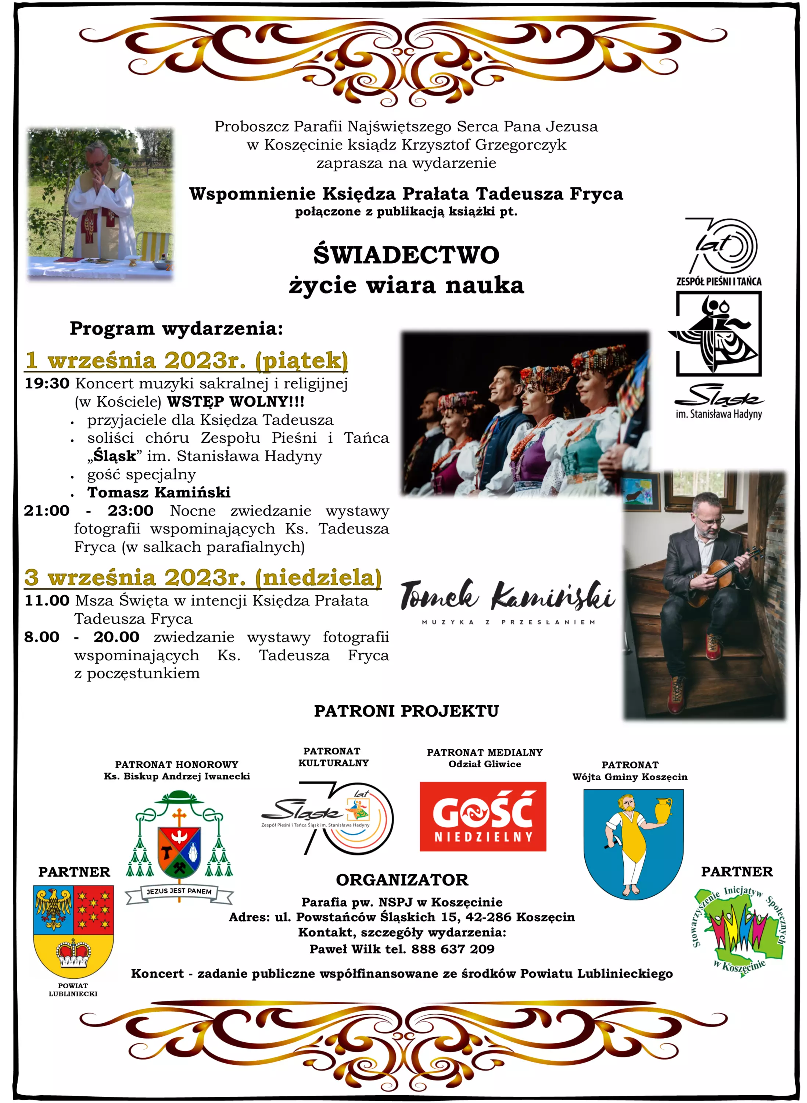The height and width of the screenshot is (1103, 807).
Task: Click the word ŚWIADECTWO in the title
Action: pyautogui.click(x=406, y=255)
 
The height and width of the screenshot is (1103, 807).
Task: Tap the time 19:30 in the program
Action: pyautogui.click(x=47, y=383)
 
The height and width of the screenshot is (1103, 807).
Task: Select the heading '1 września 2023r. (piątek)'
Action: pyautogui.click(x=187, y=360)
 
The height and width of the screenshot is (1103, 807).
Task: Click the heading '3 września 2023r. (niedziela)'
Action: pyautogui.click(x=203, y=577)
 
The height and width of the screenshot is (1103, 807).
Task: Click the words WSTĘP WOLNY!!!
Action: pyautogui.click(x=236, y=402)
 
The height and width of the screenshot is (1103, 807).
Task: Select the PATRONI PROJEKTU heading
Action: pyautogui.click(x=406, y=711)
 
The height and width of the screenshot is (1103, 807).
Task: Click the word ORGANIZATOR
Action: pyautogui.click(x=402, y=880)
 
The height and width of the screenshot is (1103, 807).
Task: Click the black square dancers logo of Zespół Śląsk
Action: pyautogui.click(x=718, y=334)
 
